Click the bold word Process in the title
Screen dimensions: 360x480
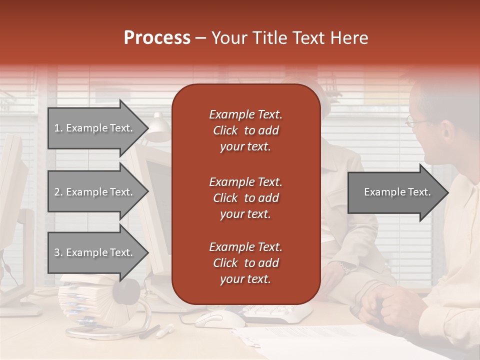click(157, 38)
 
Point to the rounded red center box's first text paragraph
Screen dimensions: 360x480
click(245, 130)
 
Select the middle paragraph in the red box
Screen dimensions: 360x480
click(245, 197)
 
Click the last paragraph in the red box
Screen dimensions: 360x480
click(245, 263)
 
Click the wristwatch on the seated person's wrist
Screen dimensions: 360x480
click(345, 267)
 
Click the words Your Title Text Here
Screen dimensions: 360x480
click(289, 38)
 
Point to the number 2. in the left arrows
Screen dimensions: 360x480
click(58, 191)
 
